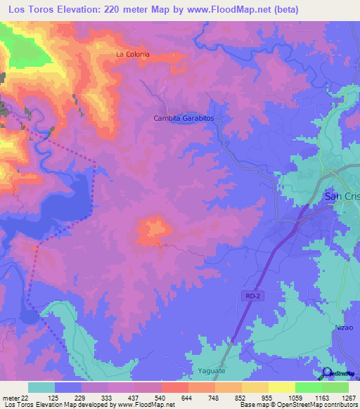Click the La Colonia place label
point(133,54)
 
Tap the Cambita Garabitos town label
point(184,119)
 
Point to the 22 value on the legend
point(25,398)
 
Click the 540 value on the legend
point(160,398)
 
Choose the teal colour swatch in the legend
point(41,387)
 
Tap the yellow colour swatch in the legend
point(282,387)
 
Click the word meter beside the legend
point(10,398)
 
